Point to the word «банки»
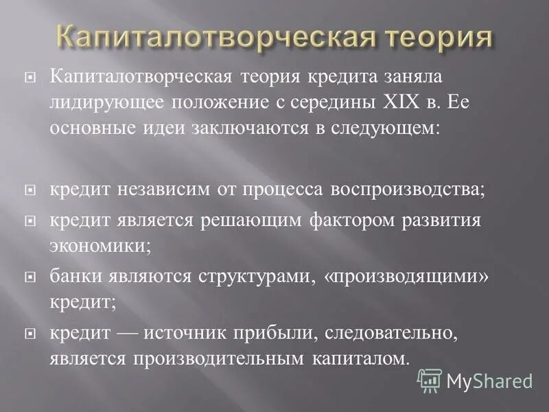[x=74, y=277]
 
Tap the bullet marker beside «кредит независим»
[x=29, y=190]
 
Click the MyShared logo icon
[x=430, y=380]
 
